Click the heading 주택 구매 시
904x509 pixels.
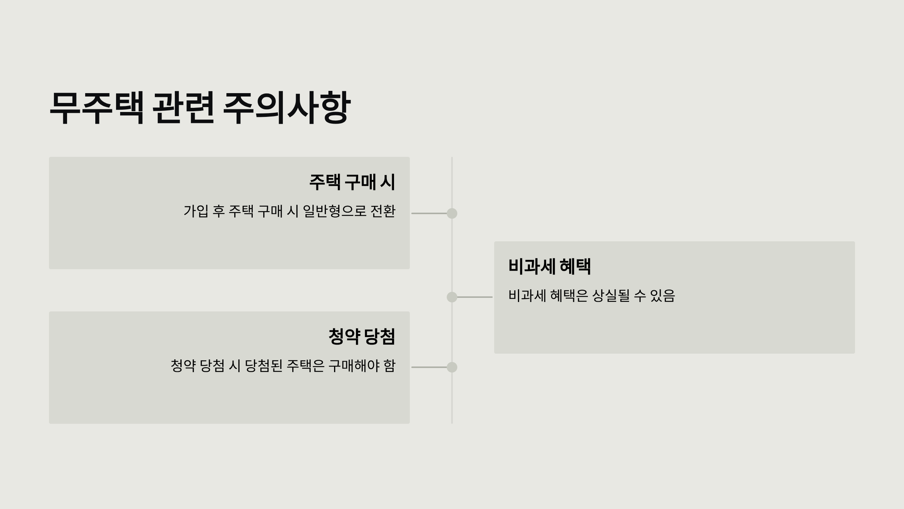coord(352,182)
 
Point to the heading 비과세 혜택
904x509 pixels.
coord(550,267)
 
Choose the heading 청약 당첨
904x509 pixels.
coord(362,337)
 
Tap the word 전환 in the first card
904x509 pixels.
coord(383,211)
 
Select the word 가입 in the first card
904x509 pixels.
coord(196,211)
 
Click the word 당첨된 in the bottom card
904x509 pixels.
coord(264,366)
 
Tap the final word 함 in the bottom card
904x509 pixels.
coord(389,366)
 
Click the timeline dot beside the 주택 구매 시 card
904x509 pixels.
coord(452,213)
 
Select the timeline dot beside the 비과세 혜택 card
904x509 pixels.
coord(452,297)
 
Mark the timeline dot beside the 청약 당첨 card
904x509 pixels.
coord(452,367)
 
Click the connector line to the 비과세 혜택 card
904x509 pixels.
coord(475,297)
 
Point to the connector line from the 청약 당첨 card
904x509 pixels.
coord(429,367)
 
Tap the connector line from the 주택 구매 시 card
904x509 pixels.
coord(429,213)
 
